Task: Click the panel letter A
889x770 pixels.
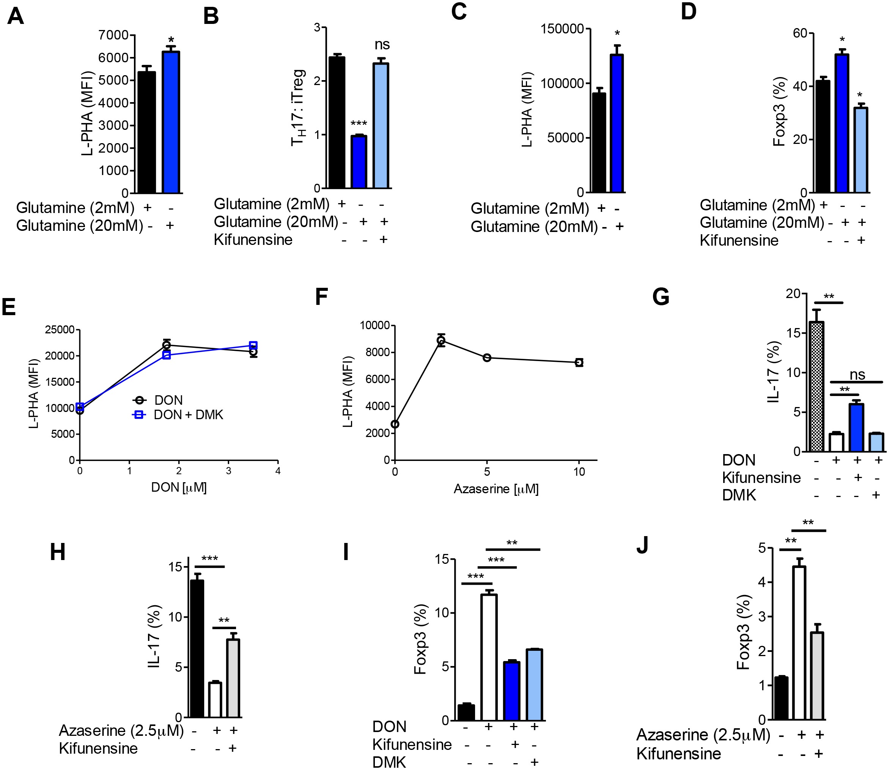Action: click(x=16, y=16)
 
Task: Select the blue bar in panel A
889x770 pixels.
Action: click(x=171, y=123)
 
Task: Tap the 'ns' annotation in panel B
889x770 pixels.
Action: click(x=382, y=44)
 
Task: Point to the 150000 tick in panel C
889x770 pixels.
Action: click(x=562, y=29)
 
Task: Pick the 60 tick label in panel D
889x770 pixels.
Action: click(x=800, y=33)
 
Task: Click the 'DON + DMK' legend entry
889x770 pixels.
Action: click(x=188, y=415)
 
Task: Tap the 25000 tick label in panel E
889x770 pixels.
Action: click(x=60, y=330)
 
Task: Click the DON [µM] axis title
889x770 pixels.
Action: click(x=179, y=487)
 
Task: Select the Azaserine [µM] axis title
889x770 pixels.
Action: click(x=496, y=489)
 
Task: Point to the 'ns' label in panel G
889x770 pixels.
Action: click(x=857, y=375)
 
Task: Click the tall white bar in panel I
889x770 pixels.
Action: click(x=489, y=657)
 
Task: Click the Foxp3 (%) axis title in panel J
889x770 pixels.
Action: click(x=743, y=632)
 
